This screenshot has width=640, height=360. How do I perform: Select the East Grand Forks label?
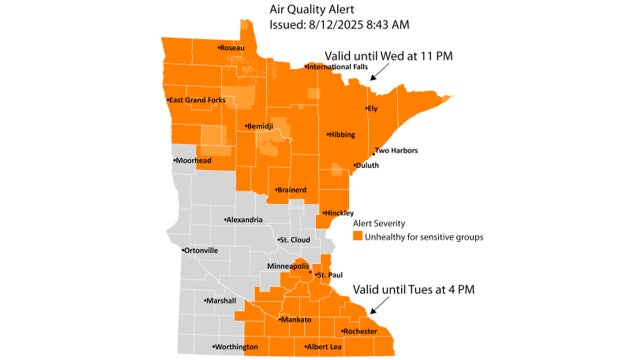199,100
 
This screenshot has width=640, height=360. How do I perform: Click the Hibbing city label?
341,134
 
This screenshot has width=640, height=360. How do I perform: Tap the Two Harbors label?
396,151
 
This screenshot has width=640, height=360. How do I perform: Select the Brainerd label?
291,189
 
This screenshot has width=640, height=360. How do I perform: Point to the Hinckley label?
341,213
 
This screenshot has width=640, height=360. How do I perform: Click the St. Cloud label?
297,240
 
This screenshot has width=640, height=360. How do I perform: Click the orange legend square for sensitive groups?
357,238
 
